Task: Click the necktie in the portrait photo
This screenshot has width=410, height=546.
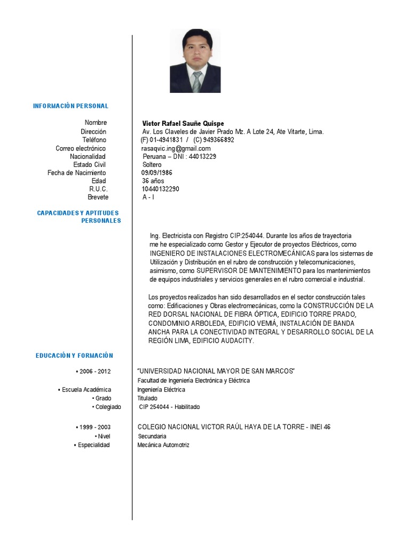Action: click(x=197, y=82)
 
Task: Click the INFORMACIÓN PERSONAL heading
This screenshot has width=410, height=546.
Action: click(x=70, y=106)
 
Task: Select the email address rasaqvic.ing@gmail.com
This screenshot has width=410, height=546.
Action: click(x=172, y=148)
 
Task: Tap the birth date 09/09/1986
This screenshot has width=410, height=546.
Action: click(x=156, y=173)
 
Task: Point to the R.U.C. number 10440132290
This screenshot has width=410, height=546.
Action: click(x=160, y=189)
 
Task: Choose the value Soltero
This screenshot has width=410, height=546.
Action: click(x=152, y=165)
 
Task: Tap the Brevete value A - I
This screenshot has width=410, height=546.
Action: click(x=148, y=197)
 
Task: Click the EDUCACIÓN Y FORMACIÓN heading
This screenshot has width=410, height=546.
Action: click(x=75, y=356)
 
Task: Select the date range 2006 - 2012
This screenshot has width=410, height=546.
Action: click(x=95, y=372)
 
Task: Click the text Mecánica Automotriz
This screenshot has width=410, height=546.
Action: click(x=163, y=445)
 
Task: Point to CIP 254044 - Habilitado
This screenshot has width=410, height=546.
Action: click(x=169, y=407)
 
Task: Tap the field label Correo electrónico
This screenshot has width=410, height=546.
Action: click(x=81, y=148)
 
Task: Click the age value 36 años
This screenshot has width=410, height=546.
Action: click(x=153, y=181)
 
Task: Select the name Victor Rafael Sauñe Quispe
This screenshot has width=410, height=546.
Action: click(x=183, y=123)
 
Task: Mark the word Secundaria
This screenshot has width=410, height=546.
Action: click(x=152, y=436)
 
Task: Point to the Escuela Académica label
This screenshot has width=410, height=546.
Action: click(x=86, y=390)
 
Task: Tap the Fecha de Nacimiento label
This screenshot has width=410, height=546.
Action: click(x=76, y=173)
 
